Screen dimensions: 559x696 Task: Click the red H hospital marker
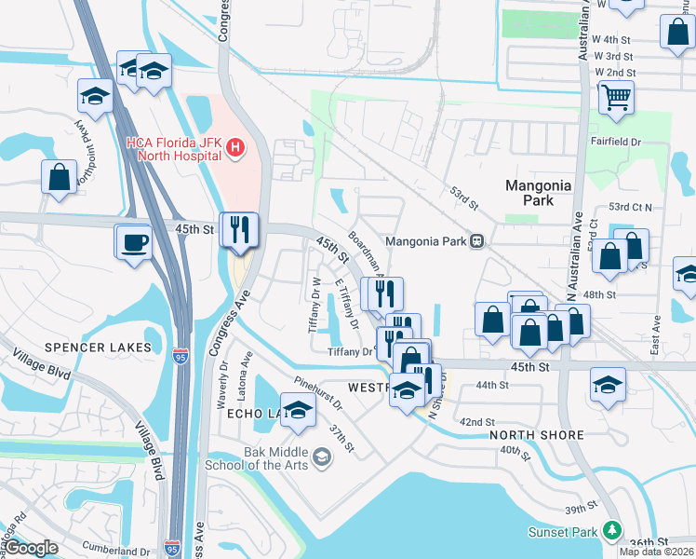click(235, 148)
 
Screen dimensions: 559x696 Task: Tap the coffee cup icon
click(135, 242)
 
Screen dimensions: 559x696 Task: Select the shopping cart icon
click(616, 97)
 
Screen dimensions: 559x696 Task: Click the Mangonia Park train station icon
click(476, 241)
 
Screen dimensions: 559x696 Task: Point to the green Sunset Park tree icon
click(611, 530)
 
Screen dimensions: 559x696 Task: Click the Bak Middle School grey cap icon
click(322, 457)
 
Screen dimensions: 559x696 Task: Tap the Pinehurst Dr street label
click(317, 394)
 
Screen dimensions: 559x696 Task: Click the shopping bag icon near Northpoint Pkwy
click(59, 177)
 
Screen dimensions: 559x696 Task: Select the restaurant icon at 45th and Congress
click(239, 229)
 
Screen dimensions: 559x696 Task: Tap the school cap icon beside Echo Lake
click(298, 411)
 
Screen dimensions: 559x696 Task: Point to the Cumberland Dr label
click(116, 549)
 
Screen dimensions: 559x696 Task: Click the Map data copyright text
click(656, 552)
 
